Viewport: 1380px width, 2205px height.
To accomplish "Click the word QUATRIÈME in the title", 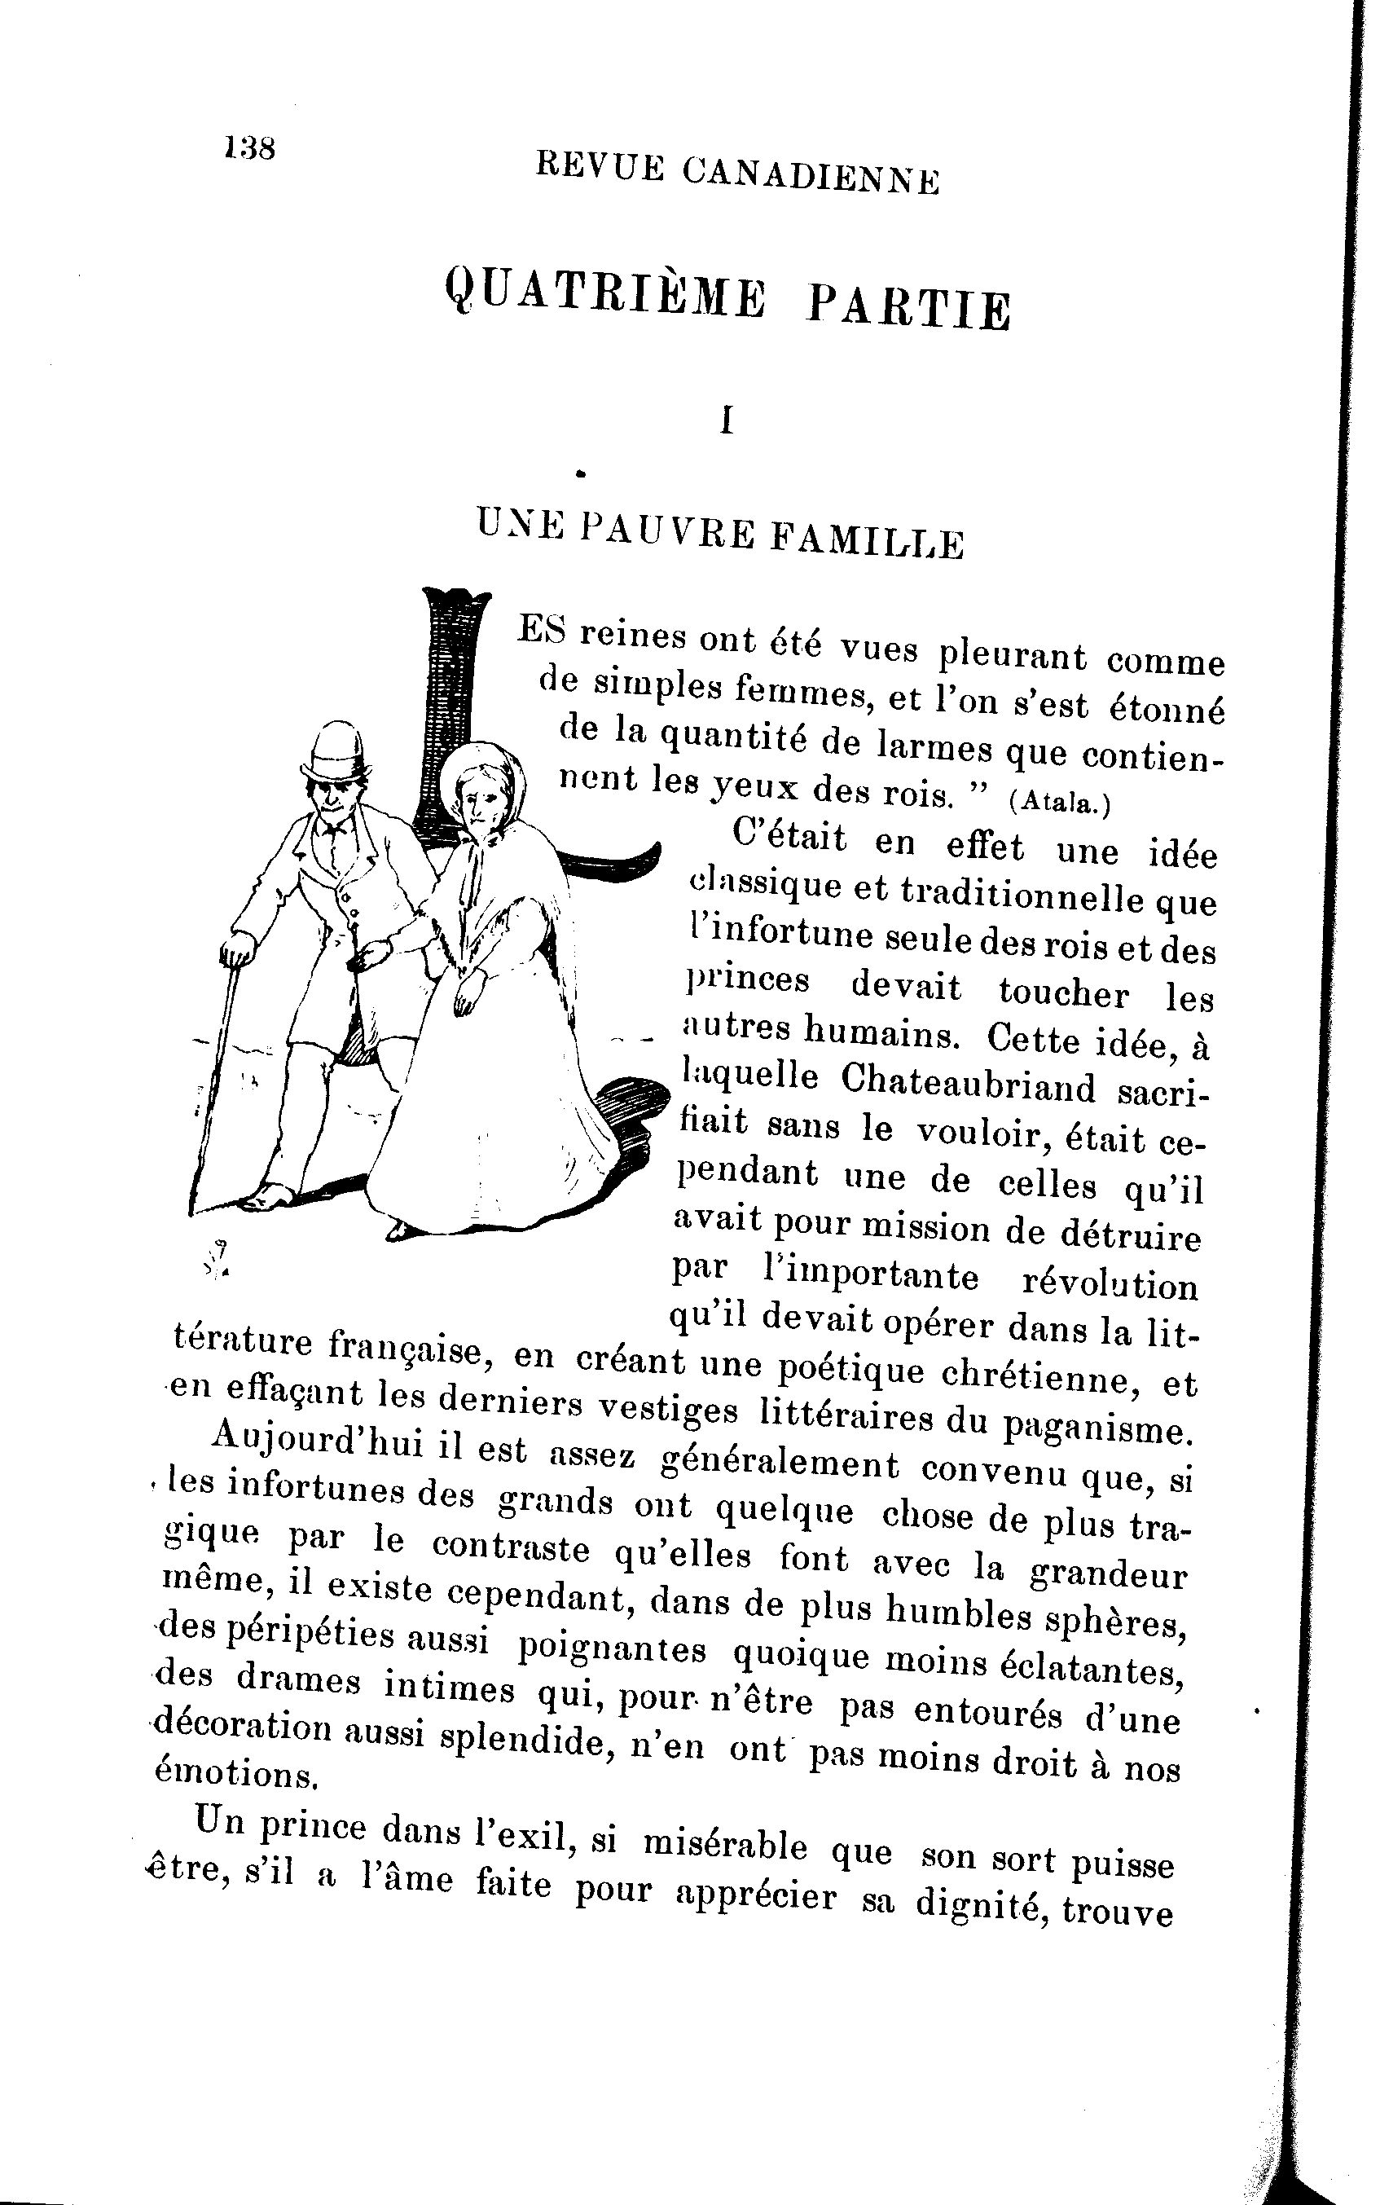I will point(604,294).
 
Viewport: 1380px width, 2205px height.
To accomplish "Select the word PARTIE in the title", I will point(909,310).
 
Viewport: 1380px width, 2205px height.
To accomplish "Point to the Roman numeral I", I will point(727,420).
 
